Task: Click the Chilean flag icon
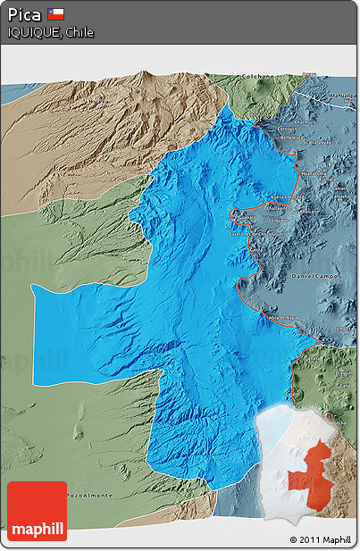pyautogui.click(x=55, y=14)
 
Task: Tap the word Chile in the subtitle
pyautogui.click(x=79, y=32)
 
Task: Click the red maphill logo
pyautogui.click(x=37, y=512)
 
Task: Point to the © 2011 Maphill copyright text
pyautogui.click(x=321, y=540)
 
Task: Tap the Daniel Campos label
pyautogui.click(x=316, y=280)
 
